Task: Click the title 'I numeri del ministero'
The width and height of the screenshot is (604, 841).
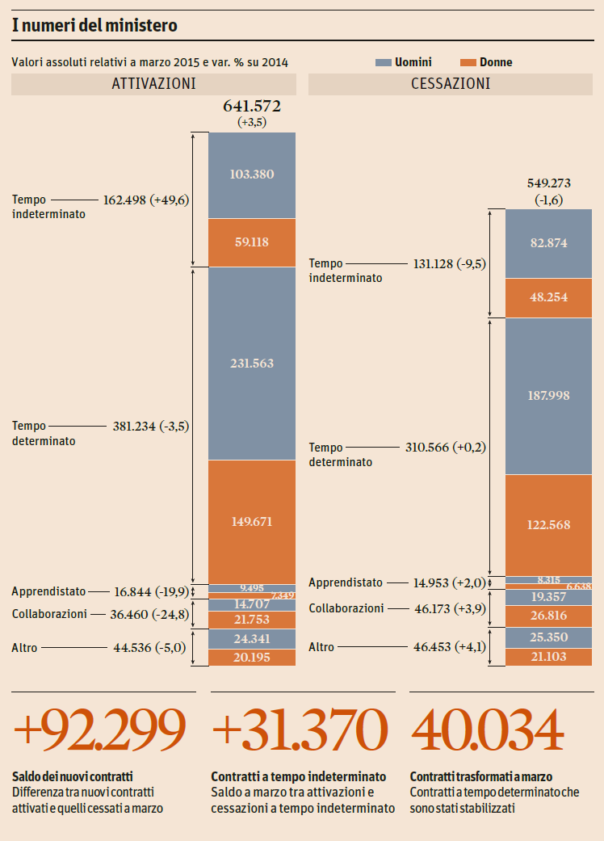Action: (94, 26)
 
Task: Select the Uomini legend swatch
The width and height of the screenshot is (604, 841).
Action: (383, 62)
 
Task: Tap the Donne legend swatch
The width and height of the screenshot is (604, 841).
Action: (467, 62)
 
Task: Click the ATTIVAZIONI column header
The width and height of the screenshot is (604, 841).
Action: (153, 83)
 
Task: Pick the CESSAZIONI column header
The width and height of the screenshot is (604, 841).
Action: (451, 83)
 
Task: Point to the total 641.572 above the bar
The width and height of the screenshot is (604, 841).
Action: (252, 106)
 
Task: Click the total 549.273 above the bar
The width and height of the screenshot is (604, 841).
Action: (548, 183)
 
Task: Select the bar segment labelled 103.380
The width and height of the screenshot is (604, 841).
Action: (252, 175)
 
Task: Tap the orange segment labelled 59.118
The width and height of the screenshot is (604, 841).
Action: (252, 242)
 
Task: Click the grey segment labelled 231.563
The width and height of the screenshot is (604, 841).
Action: (252, 364)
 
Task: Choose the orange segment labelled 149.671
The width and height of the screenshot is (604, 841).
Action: (252, 521)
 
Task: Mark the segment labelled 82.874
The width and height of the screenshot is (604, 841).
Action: (548, 243)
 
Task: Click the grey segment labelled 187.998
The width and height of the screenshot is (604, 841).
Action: (548, 395)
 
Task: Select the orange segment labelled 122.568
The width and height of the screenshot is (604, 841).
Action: (548, 524)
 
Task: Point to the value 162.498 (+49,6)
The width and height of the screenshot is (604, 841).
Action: (146, 200)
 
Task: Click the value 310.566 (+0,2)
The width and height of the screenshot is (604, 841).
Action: (446, 447)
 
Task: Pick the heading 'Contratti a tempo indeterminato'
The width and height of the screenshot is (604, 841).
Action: (298, 776)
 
